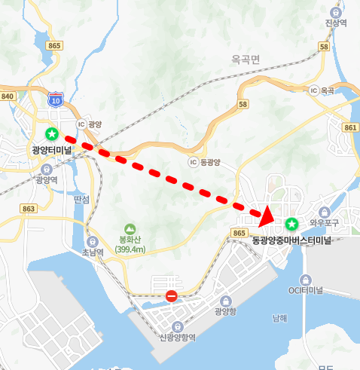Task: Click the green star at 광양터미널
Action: tap(51, 134)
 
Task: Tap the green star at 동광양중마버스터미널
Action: tap(291, 224)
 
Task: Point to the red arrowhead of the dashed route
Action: tap(264, 216)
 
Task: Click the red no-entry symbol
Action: tap(172, 296)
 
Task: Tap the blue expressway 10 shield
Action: tap(54, 99)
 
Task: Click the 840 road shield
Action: tap(8, 96)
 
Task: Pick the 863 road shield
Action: tap(29, 208)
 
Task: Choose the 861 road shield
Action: tap(350, 127)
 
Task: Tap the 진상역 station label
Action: tap(335, 23)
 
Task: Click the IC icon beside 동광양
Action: tap(193, 162)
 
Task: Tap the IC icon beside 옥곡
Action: tap(313, 90)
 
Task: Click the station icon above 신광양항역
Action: tap(177, 325)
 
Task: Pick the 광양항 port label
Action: tap(225, 310)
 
